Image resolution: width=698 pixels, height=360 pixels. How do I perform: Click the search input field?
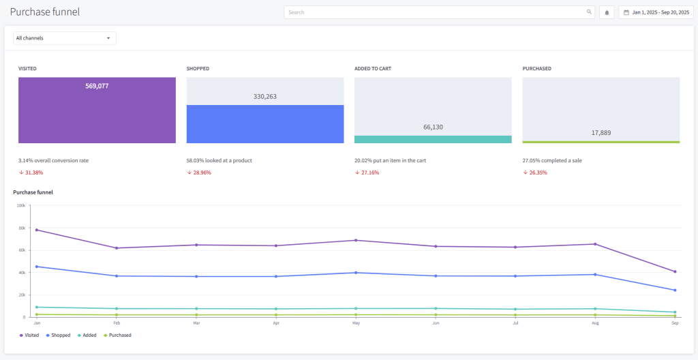click(x=436, y=12)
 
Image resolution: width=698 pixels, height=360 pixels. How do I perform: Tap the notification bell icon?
click(x=607, y=12)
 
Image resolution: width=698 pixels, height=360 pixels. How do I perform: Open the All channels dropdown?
click(x=64, y=38)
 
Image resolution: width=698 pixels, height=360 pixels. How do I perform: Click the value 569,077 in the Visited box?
click(x=97, y=86)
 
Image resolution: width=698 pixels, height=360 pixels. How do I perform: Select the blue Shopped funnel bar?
click(x=265, y=124)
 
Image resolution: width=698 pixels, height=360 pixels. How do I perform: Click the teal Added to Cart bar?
click(x=433, y=139)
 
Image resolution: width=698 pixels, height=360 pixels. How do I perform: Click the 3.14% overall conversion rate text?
click(x=53, y=160)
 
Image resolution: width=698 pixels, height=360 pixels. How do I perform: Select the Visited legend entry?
click(x=29, y=335)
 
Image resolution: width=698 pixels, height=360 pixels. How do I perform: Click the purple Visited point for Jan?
click(x=37, y=230)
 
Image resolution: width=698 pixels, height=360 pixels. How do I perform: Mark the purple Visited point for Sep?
click(x=675, y=271)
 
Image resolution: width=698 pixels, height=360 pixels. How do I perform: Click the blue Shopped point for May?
click(x=356, y=273)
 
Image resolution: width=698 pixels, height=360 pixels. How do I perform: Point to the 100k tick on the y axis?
click(x=21, y=205)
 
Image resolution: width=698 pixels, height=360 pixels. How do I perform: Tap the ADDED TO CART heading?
click(x=372, y=69)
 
